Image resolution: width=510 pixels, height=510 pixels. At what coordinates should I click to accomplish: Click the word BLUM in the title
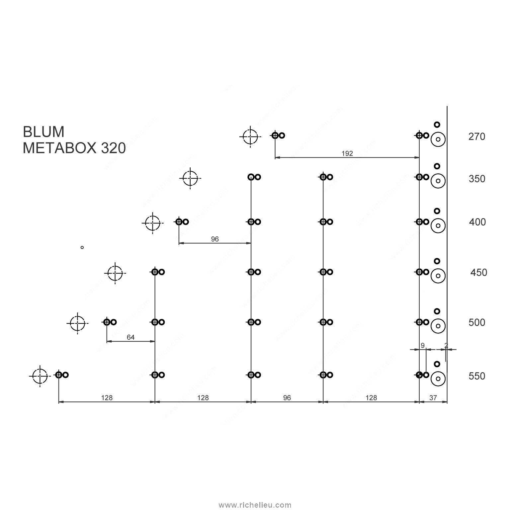[43, 132]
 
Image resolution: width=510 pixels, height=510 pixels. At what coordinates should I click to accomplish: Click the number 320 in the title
[113, 148]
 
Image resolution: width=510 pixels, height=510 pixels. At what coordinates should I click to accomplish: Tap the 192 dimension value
[347, 153]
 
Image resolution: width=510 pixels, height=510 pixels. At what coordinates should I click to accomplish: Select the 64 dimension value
[131, 337]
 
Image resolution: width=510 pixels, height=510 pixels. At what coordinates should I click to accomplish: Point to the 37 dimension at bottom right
[433, 398]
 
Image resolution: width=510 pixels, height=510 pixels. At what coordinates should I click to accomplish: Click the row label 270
[477, 136]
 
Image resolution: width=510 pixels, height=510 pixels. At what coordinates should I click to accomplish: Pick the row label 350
[477, 179]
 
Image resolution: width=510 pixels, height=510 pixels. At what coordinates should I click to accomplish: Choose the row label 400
[477, 222]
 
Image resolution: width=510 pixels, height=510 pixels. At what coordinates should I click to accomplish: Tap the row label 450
[479, 273]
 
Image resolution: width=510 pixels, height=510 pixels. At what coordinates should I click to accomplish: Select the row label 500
[477, 322]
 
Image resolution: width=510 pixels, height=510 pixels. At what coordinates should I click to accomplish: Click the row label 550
[477, 376]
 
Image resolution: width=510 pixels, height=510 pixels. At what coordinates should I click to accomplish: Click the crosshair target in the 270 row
[250, 129]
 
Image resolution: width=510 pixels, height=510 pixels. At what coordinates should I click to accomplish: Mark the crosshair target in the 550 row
[40, 369]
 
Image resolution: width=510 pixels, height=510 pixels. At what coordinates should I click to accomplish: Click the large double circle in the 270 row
[438, 132]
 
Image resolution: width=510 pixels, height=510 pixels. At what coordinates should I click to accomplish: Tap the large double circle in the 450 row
[438, 268]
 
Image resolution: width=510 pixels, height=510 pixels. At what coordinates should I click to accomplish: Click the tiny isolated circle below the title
[82, 246]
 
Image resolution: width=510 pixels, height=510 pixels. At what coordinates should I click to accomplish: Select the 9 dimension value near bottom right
[423, 346]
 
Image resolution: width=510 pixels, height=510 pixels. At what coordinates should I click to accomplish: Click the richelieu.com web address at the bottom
[255, 505]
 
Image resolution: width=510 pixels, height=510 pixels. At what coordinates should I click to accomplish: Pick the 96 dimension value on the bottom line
[287, 398]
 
